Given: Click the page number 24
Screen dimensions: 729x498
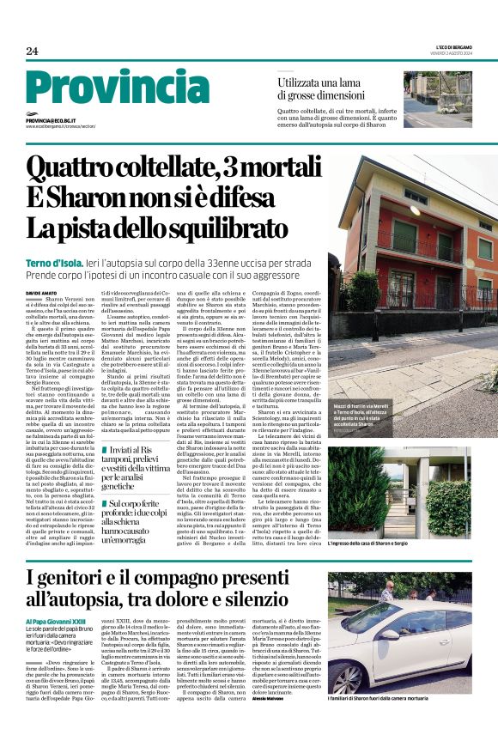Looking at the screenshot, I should point(33,51).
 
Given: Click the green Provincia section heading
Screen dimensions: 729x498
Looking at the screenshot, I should point(118,87).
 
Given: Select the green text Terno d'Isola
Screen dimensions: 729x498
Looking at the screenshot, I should point(53,260).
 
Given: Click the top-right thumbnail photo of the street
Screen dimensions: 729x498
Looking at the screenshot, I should point(438,98).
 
